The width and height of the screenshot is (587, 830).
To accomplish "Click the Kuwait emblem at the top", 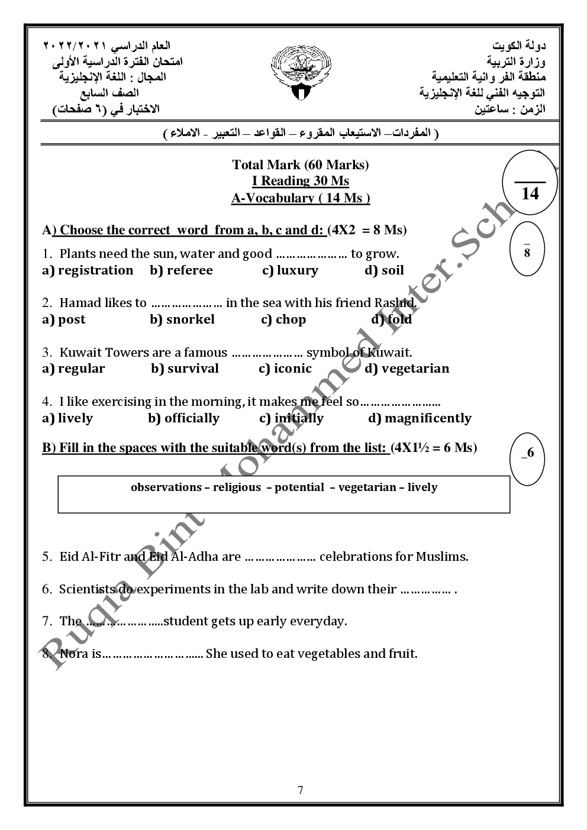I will pyautogui.click(x=301, y=73).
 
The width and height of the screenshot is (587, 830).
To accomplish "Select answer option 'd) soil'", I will pyautogui.click(x=384, y=270).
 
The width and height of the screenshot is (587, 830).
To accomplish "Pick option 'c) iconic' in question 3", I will pyautogui.click(x=285, y=369).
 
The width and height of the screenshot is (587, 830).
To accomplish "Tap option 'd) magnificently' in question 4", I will pyautogui.click(x=420, y=418).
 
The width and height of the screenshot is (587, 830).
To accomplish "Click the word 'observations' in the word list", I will pyautogui.click(x=166, y=487).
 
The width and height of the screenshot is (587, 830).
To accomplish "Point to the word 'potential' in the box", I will pyautogui.click(x=299, y=487).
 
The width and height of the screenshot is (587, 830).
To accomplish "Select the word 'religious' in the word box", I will pyautogui.click(x=237, y=487).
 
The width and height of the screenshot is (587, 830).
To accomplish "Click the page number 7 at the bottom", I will pyautogui.click(x=301, y=790).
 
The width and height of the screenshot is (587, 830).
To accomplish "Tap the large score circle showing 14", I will pyautogui.click(x=530, y=186).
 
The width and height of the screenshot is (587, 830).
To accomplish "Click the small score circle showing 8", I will pyautogui.click(x=527, y=251).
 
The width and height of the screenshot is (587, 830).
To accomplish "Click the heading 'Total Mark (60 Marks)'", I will pyautogui.click(x=301, y=164).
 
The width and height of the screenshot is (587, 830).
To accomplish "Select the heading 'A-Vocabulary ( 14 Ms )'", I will pyautogui.click(x=301, y=198).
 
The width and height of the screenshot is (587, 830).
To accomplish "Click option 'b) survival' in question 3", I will pyautogui.click(x=185, y=369).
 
